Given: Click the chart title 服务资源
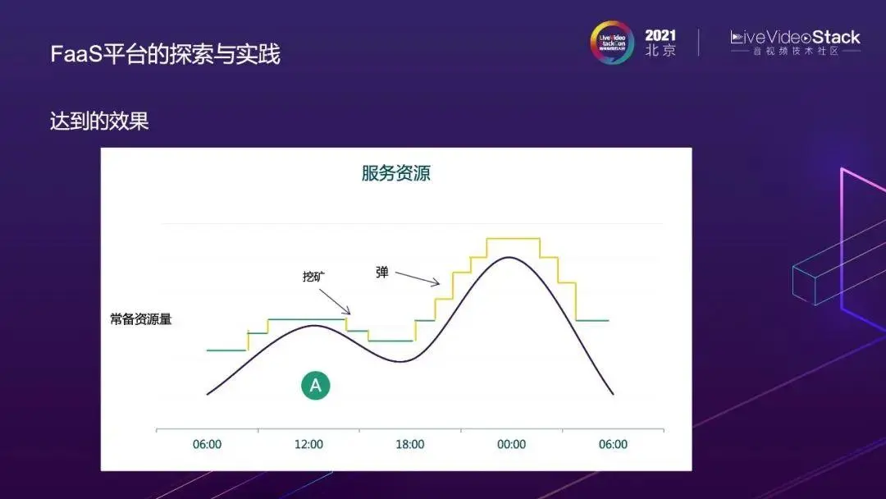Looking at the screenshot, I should pyautogui.click(x=395, y=173).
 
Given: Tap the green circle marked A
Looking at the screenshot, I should pyautogui.click(x=315, y=385).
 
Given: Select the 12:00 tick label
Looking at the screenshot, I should pyautogui.click(x=308, y=444).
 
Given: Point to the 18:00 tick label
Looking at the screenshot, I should pyautogui.click(x=410, y=444).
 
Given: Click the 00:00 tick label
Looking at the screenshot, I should pyautogui.click(x=511, y=444).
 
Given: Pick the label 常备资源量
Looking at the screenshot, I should pyautogui.click(x=141, y=319).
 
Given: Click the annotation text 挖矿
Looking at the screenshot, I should pyautogui.click(x=314, y=277).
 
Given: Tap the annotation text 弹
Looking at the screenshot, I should pyautogui.click(x=382, y=272).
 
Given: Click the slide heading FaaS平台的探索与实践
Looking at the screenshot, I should pyautogui.click(x=165, y=54).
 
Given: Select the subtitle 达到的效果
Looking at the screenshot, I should pyautogui.click(x=99, y=121).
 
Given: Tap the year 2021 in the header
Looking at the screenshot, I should pyautogui.click(x=660, y=35).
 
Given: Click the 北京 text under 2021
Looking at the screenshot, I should pyautogui.click(x=660, y=51).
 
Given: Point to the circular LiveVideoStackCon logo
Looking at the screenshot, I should pyautogui.click(x=612, y=43).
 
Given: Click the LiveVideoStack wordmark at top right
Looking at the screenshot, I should pyautogui.click(x=795, y=37).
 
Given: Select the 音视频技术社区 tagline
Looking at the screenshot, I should pyautogui.click(x=795, y=52).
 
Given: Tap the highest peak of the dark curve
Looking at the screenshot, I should pyautogui.click(x=509, y=257).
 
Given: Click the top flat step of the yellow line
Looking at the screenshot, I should pyautogui.click(x=513, y=238).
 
